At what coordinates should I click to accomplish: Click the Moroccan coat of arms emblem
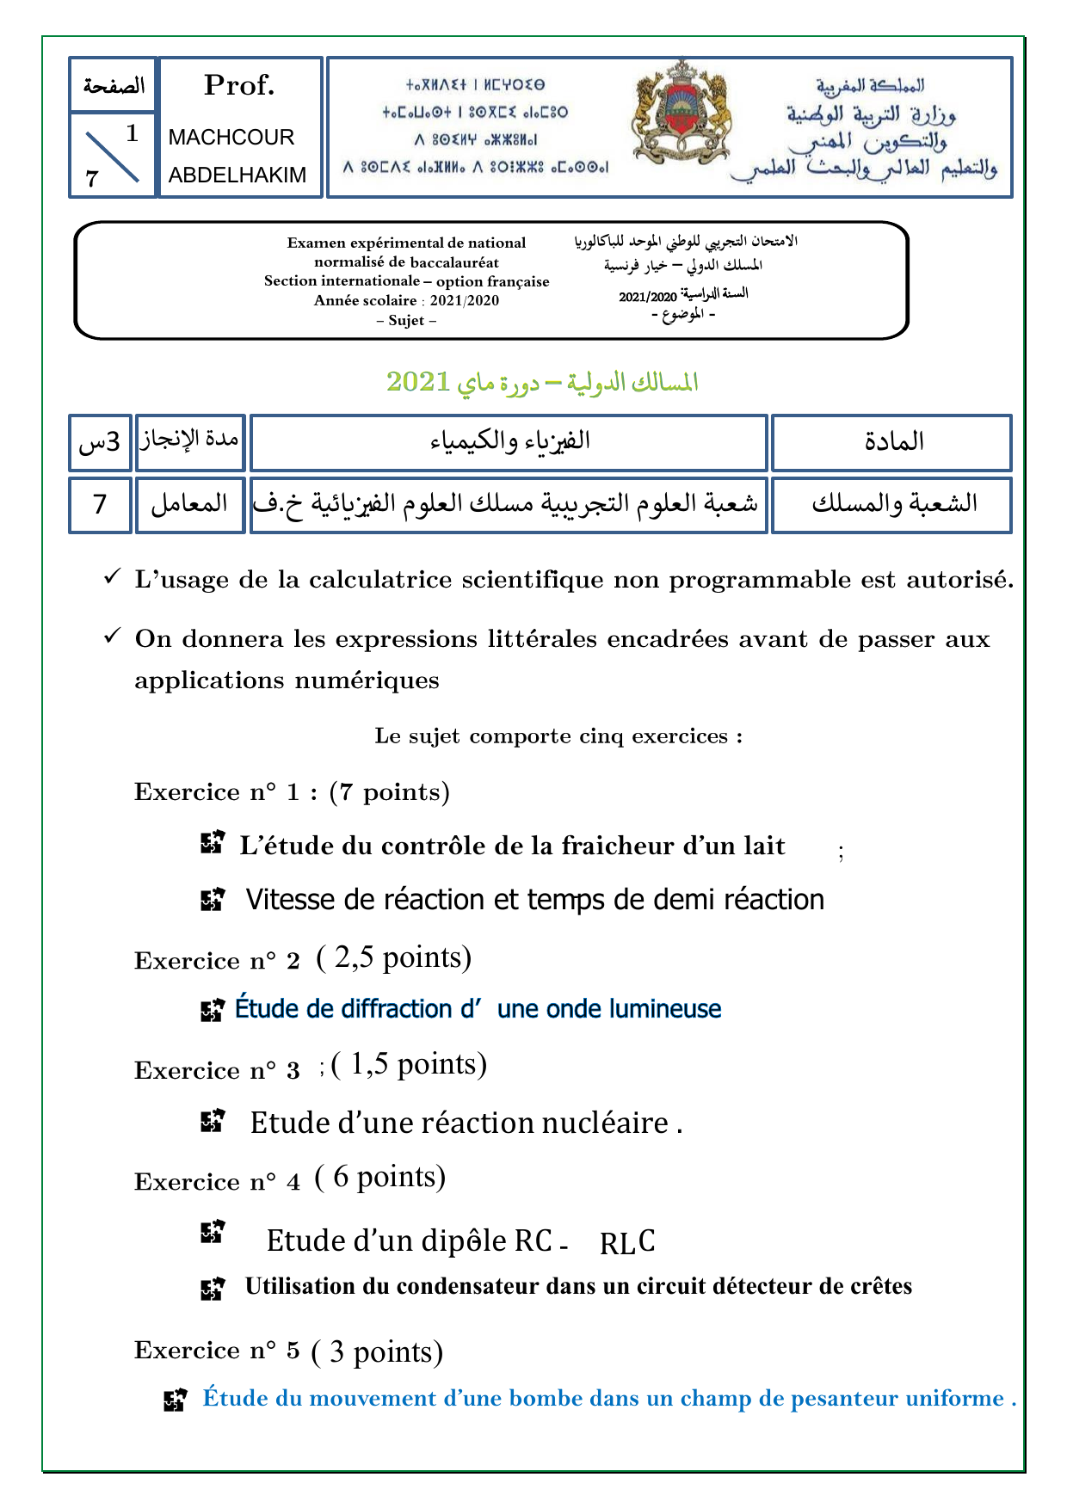click(x=680, y=113)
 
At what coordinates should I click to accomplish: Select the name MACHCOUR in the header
click(x=231, y=138)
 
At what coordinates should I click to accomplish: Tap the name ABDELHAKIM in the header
click(x=237, y=175)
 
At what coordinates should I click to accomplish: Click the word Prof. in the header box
click(x=239, y=85)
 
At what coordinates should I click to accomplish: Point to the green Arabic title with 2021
click(x=541, y=382)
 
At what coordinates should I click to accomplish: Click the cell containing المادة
click(x=892, y=442)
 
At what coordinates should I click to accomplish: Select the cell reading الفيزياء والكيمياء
click(x=509, y=442)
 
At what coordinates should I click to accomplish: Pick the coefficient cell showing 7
click(x=100, y=504)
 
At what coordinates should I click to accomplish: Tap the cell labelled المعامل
click(x=189, y=504)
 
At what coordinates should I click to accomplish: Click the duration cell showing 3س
click(x=100, y=442)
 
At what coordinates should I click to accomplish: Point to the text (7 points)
click(x=390, y=792)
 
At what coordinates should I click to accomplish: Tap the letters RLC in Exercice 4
click(x=627, y=1242)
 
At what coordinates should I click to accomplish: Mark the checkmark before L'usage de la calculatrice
click(x=111, y=578)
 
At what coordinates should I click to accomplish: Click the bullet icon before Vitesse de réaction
click(x=212, y=900)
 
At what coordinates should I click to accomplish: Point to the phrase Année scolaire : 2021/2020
click(x=406, y=301)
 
